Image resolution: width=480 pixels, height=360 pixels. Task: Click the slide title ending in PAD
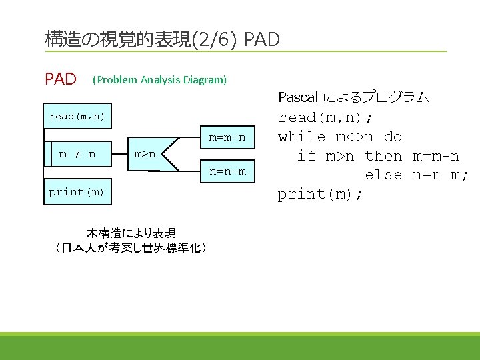[162, 39]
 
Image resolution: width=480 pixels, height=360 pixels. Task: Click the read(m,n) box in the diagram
[77, 117]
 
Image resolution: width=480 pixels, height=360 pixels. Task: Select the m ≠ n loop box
[77, 154]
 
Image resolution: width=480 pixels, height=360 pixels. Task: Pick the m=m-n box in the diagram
[227, 138]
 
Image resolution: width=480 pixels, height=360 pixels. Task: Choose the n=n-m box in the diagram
[227, 171]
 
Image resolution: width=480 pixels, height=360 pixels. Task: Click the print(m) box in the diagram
[77, 192]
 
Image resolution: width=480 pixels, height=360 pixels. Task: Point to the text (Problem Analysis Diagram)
[160, 80]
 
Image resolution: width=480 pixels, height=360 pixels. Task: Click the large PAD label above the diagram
[61, 80]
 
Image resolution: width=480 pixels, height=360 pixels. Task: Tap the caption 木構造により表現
[131, 233]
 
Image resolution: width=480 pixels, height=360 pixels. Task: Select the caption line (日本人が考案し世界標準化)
[131, 248]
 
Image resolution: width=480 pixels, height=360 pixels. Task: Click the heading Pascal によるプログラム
[353, 97]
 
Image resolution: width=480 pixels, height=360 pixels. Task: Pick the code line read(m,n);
[325, 118]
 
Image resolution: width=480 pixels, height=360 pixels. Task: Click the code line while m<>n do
[340, 137]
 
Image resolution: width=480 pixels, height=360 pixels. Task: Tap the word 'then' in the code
[383, 156]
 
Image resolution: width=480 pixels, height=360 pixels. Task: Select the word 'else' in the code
[383, 175]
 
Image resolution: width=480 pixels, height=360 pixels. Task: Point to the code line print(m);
[321, 194]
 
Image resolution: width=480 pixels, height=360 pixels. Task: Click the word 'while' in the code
[301, 137]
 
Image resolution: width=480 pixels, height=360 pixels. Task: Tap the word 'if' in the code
[306, 156]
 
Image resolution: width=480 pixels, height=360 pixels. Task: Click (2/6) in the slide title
[214, 39]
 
